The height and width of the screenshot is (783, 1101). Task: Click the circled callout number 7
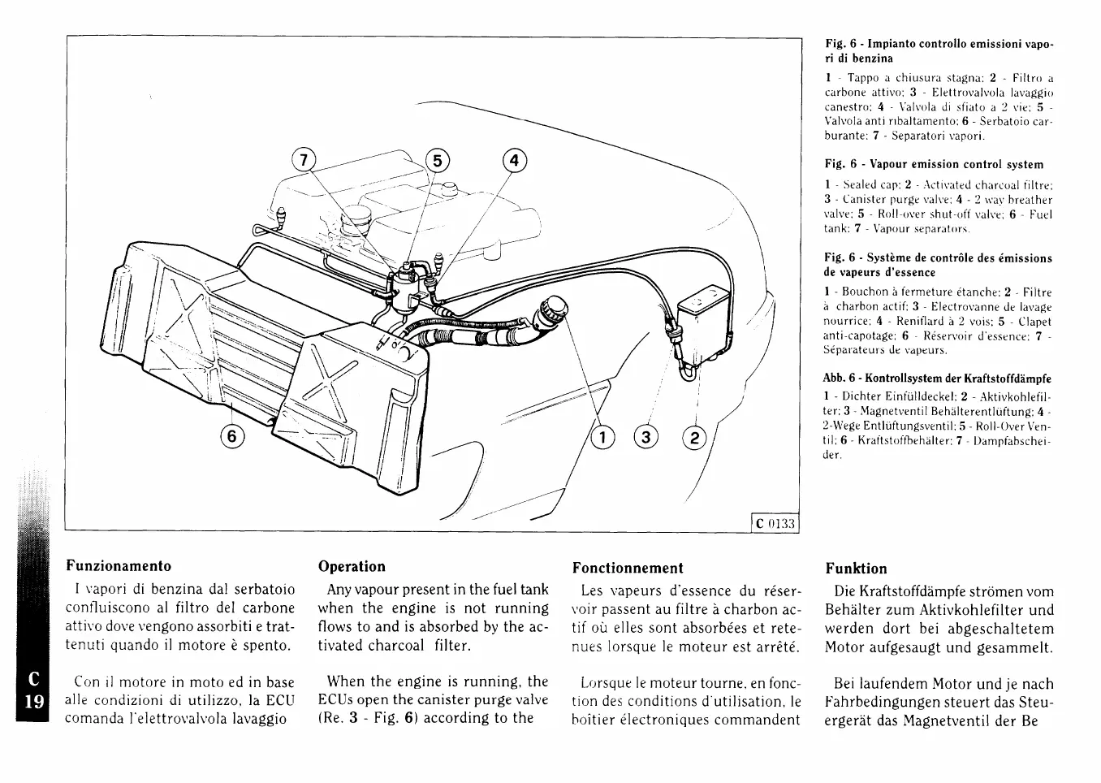click(304, 160)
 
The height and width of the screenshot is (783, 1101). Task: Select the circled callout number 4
click(513, 160)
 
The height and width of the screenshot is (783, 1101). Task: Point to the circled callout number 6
click(232, 436)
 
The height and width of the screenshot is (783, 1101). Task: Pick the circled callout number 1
click(602, 438)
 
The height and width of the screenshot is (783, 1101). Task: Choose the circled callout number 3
click(646, 438)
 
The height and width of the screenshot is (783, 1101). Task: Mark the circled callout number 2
click(693, 438)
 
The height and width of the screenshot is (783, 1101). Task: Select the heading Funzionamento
click(119, 565)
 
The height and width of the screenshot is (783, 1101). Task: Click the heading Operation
click(352, 566)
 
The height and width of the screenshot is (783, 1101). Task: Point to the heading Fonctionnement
click(628, 568)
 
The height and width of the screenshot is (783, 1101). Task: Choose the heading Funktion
click(856, 568)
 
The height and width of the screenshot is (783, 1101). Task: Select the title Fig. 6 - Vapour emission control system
click(934, 164)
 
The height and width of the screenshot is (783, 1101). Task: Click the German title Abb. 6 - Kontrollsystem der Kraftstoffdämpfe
click(938, 379)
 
